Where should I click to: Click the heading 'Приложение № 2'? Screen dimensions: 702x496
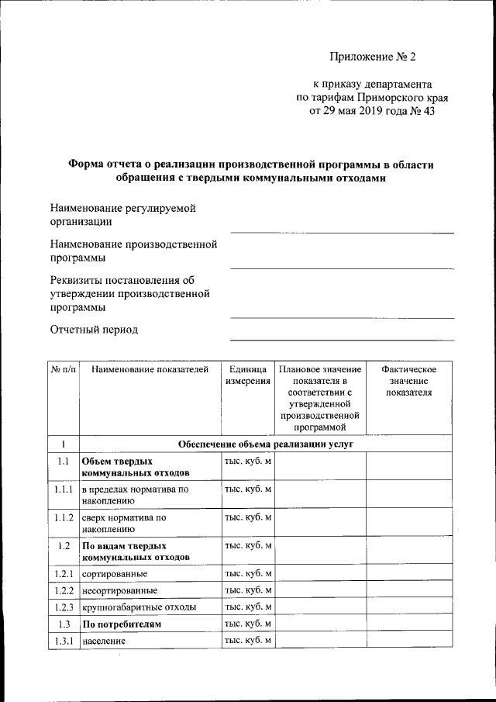coord(373,56)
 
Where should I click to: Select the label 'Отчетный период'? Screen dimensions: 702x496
coord(94,330)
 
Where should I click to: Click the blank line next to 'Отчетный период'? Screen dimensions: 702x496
coord(342,338)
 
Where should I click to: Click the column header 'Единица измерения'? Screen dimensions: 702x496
coord(248,375)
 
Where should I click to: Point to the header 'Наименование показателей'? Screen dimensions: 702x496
coord(150,369)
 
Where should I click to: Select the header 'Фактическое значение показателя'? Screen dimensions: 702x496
coord(410,381)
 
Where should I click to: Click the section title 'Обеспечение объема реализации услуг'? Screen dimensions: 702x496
coord(266,445)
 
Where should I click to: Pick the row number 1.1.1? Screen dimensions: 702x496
coord(64,490)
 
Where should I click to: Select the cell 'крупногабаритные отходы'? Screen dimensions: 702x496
coord(139,607)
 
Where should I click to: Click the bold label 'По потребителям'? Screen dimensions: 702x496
coord(122,624)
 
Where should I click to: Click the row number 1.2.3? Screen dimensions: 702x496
coord(64,607)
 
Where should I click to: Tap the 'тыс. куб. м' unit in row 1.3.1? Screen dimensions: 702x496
coord(248,641)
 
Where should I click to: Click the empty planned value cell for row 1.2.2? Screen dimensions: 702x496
coord(320,590)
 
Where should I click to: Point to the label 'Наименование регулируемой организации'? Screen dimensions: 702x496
coord(122,215)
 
